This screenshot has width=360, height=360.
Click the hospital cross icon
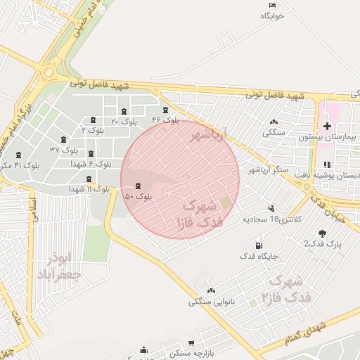[x=328, y=126]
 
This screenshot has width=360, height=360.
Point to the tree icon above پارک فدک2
[x=322, y=233]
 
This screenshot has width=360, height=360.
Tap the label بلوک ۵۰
[x=139, y=197]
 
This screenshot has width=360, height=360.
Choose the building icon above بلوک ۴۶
[x=166, y=110]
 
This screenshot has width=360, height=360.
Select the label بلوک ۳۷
[x=64, y=150]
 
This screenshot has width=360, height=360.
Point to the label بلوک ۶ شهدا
[x=91, y=164]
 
